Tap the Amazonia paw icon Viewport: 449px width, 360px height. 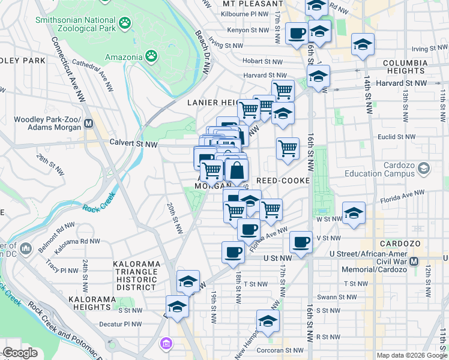[152, 57]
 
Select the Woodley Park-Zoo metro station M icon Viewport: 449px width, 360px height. [89, 124]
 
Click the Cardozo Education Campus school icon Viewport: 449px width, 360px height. [424, 168]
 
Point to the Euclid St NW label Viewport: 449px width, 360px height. [396, 137]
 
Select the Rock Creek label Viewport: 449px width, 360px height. [99, 208]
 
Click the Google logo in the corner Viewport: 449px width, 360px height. [20, 353]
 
